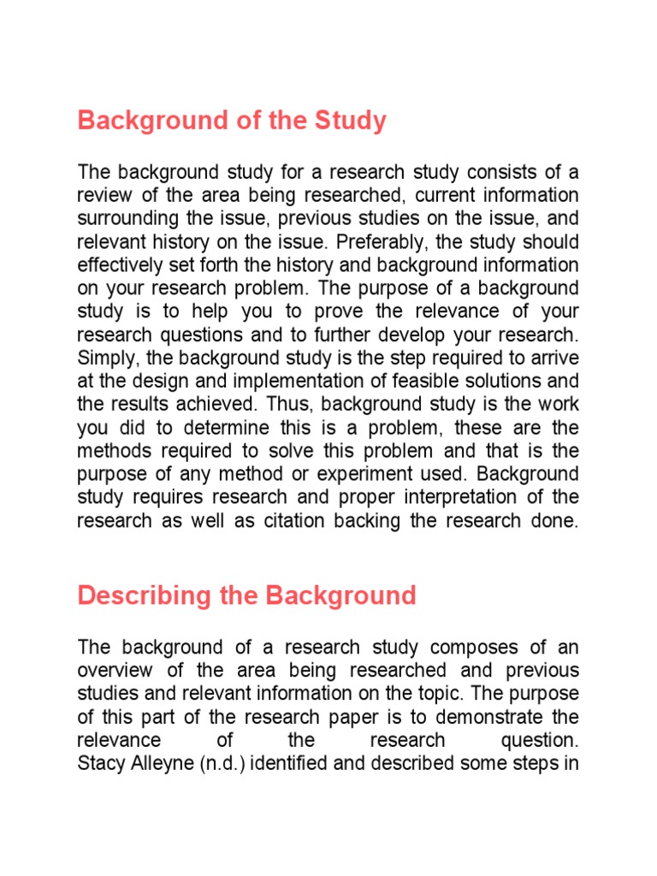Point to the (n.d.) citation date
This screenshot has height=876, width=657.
click(222, 763)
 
